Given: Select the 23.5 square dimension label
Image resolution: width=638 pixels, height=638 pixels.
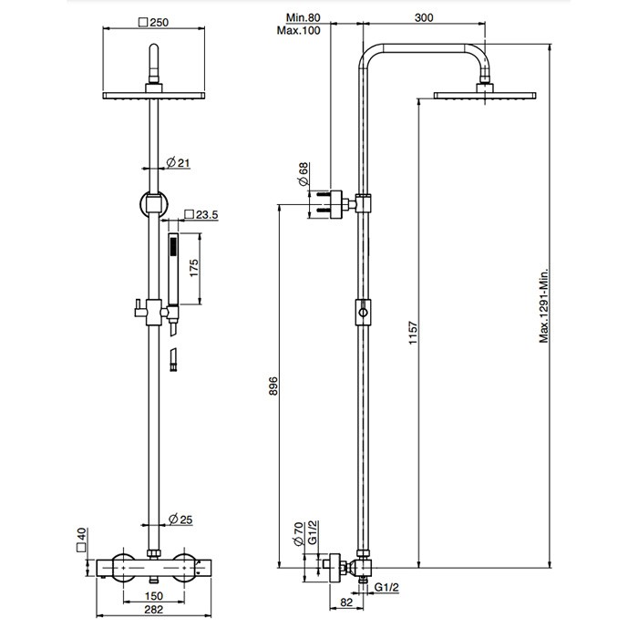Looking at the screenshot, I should [203, 215].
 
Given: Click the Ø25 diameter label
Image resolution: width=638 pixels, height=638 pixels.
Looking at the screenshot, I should [180, 521].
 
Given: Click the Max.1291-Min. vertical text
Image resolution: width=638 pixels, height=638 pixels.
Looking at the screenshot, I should [543, 306].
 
